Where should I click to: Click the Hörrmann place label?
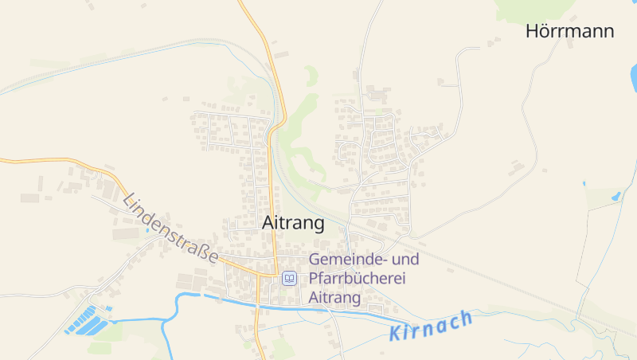pyautogui.click(x=569, y=31)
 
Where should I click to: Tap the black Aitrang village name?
pyautogui.click(x=293, y=223)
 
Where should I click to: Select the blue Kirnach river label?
pyautogui.click(x=432, y=326)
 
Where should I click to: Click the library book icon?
pyautogui.click(x=289, y=279)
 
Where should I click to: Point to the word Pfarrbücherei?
pyautogui.click(x=358, y=279)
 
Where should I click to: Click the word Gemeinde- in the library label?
pyautogui.click(x=348, y=260)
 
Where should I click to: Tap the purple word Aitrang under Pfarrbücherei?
pyautogui.click(x=335, y=298)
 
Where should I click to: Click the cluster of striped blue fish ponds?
pyautogui.click(x=88, y=320)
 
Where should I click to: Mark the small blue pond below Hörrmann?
pyautogui.click(x=616, y=194)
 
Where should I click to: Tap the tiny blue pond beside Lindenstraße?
pyautogui.click(x=147, y=230)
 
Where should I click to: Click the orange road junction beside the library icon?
pyautogui.click(x=275, y=276)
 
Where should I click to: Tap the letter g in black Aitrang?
pyautogui.click(x=318, y=225)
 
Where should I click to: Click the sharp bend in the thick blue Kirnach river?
pyautogui.click(x=178, y=297)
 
